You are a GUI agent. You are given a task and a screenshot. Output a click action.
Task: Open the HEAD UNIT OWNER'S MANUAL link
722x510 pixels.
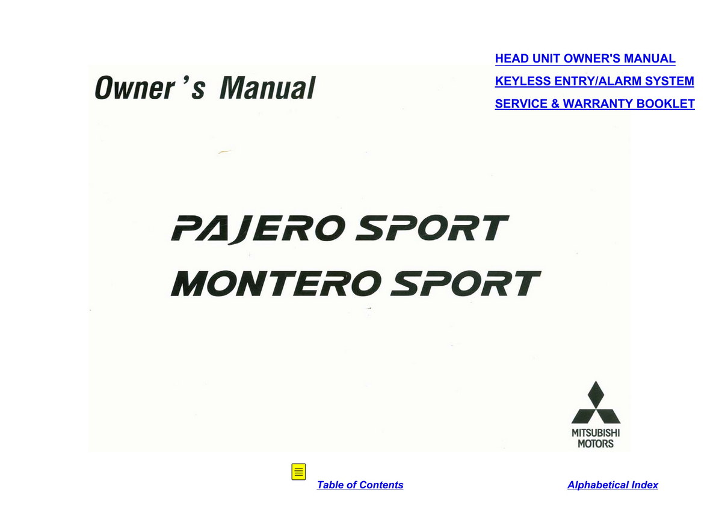585,58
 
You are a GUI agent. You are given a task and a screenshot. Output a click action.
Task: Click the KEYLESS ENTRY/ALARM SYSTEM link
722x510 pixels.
594,81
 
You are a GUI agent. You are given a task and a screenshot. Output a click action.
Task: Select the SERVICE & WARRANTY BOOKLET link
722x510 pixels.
594,103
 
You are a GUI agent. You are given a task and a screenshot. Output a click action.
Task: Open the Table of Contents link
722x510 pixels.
360,485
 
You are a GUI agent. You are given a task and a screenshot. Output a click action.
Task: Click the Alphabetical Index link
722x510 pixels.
612,485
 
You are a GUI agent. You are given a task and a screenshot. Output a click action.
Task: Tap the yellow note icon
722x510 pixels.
298,472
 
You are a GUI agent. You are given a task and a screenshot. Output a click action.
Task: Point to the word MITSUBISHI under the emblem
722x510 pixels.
596,433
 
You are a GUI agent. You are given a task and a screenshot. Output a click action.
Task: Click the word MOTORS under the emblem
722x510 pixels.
596,444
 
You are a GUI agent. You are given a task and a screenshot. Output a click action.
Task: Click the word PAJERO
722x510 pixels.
256,229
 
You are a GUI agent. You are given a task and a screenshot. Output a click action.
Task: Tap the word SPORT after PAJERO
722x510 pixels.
432,228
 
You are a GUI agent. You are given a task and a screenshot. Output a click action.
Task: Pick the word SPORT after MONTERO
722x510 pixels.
466,283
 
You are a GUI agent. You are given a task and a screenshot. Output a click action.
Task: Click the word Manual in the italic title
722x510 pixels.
268,88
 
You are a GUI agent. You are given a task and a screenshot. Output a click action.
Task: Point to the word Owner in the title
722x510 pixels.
135,88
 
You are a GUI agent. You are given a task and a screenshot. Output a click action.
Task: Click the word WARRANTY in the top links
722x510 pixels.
598,103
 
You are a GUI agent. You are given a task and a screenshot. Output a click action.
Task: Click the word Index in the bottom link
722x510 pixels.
644,485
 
